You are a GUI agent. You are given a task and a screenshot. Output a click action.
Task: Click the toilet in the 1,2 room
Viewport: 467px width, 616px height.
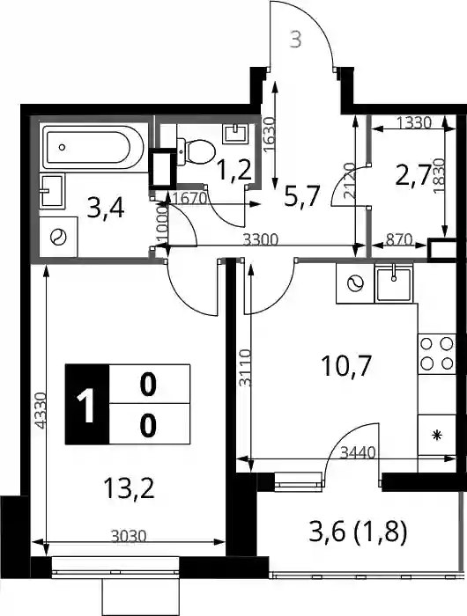196,151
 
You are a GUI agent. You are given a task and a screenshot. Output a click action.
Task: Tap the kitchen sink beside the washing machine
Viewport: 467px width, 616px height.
394,283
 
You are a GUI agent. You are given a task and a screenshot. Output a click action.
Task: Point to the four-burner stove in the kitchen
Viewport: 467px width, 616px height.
437,354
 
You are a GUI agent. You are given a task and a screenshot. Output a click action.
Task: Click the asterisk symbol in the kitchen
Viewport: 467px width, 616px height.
437,436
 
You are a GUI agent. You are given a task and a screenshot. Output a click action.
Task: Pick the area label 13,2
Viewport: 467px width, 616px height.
129,488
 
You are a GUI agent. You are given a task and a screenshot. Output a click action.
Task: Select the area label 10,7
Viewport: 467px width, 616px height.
346,365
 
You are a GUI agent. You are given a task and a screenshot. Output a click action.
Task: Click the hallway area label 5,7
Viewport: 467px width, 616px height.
301,196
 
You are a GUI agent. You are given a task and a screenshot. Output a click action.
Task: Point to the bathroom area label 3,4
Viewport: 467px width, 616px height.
106,209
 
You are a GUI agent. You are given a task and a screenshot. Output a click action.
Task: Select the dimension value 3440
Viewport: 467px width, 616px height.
358,453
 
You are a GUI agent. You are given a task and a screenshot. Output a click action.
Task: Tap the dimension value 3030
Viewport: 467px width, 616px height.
129,536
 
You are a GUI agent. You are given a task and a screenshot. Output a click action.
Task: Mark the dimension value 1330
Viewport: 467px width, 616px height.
414,123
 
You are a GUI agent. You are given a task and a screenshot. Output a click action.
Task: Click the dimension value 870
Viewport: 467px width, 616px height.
398,239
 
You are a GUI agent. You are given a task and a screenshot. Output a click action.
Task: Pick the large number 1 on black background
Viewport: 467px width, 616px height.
86,405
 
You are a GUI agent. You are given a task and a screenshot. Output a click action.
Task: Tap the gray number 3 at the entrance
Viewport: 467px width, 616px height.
295,40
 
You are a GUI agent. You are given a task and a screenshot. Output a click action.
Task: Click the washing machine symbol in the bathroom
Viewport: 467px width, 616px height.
59,237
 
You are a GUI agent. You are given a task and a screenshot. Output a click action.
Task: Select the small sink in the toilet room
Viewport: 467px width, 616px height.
235,134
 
